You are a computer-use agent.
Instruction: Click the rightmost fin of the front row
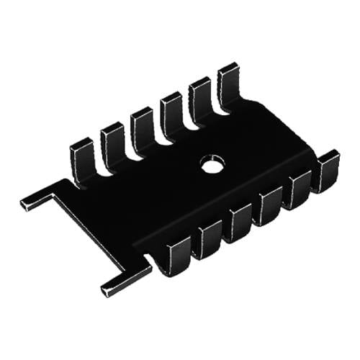[326, 170]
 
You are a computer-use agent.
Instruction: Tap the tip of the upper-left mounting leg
[27, 203]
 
